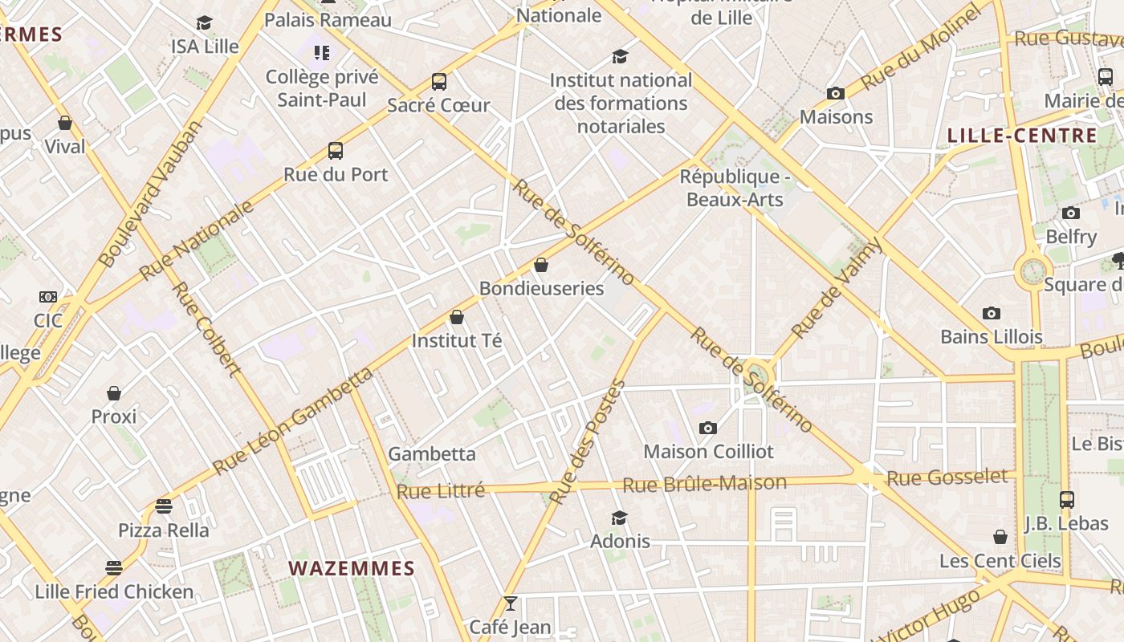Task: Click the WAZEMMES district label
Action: pyautogui.click(x=352, y=569)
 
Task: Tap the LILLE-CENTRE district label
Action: pyautogui.click(x=1022, y=135)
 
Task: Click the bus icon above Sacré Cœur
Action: pyautogui.click(x=438, y=81)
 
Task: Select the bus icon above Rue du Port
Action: pyautogui.click(x=336, y=151)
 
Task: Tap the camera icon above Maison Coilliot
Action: pyautogui.click(x=707, y=428)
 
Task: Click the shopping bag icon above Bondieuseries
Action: pyautogui.click(x=541, y=265)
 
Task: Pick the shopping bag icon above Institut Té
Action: pyautogui.click(x=457, y=317)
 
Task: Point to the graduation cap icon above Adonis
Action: pyautogui.click(x=619, y=518)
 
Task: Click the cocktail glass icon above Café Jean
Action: pyautogui.click(x=510, y=603)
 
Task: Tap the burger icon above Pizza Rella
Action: pyautogui.click(x=164, y=506)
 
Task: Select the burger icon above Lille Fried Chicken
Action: pyautogui.click(x=114, y=568)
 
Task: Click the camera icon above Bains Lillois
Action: pyautogui.click(x=992, y=313)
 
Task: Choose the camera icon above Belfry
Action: pyautogui.click(x=1070, y=213)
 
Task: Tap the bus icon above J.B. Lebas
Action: pyautogui.click(x=1066, y=499)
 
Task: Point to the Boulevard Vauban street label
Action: pyautogui.click(x=151, y=194)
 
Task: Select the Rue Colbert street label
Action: pyautogui.click(x=206, y=328)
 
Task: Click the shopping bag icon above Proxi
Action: pyautogui.click(x=114, y=393)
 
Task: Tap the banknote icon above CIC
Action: pyautogui.click(x=48, y=297)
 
